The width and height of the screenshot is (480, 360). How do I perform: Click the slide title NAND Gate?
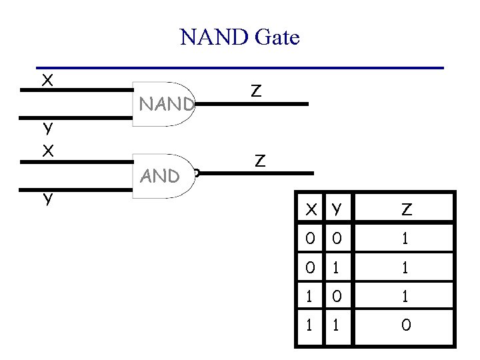(x=240, y=37)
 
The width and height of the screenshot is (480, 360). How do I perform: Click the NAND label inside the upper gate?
(x=166, y=104)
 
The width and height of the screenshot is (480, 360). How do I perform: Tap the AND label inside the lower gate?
(x=160, y=176)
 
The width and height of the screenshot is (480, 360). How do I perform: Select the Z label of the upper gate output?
(x=256, y=91)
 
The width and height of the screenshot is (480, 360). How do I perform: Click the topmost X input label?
(x=47, y=81)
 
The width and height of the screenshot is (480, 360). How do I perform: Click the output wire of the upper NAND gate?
(x=253, y=105)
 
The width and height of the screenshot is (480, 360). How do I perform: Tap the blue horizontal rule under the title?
(x=240, y=67)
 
